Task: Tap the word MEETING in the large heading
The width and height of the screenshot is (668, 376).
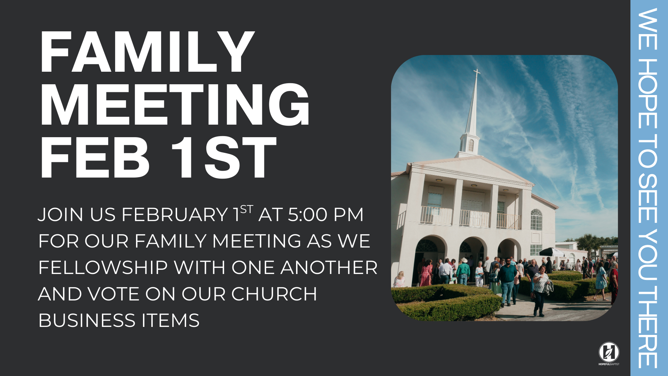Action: pos(175,105)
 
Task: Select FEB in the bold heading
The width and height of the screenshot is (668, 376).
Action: pos(95,158)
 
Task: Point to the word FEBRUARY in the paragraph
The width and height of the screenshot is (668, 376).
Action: pos(175,214)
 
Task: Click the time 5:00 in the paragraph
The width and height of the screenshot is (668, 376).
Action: pos(308,214)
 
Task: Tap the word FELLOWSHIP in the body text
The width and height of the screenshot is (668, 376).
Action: pos(103,268)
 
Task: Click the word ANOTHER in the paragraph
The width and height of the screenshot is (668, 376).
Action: pos(329,268)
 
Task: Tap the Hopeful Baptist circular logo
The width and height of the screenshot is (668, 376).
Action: pos(609,352)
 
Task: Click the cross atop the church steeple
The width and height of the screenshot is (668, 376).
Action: pos(477,72)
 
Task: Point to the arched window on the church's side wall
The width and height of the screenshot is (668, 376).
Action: pos(536,219)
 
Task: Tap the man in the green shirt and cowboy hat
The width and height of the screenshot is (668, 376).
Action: pos(463,272)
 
